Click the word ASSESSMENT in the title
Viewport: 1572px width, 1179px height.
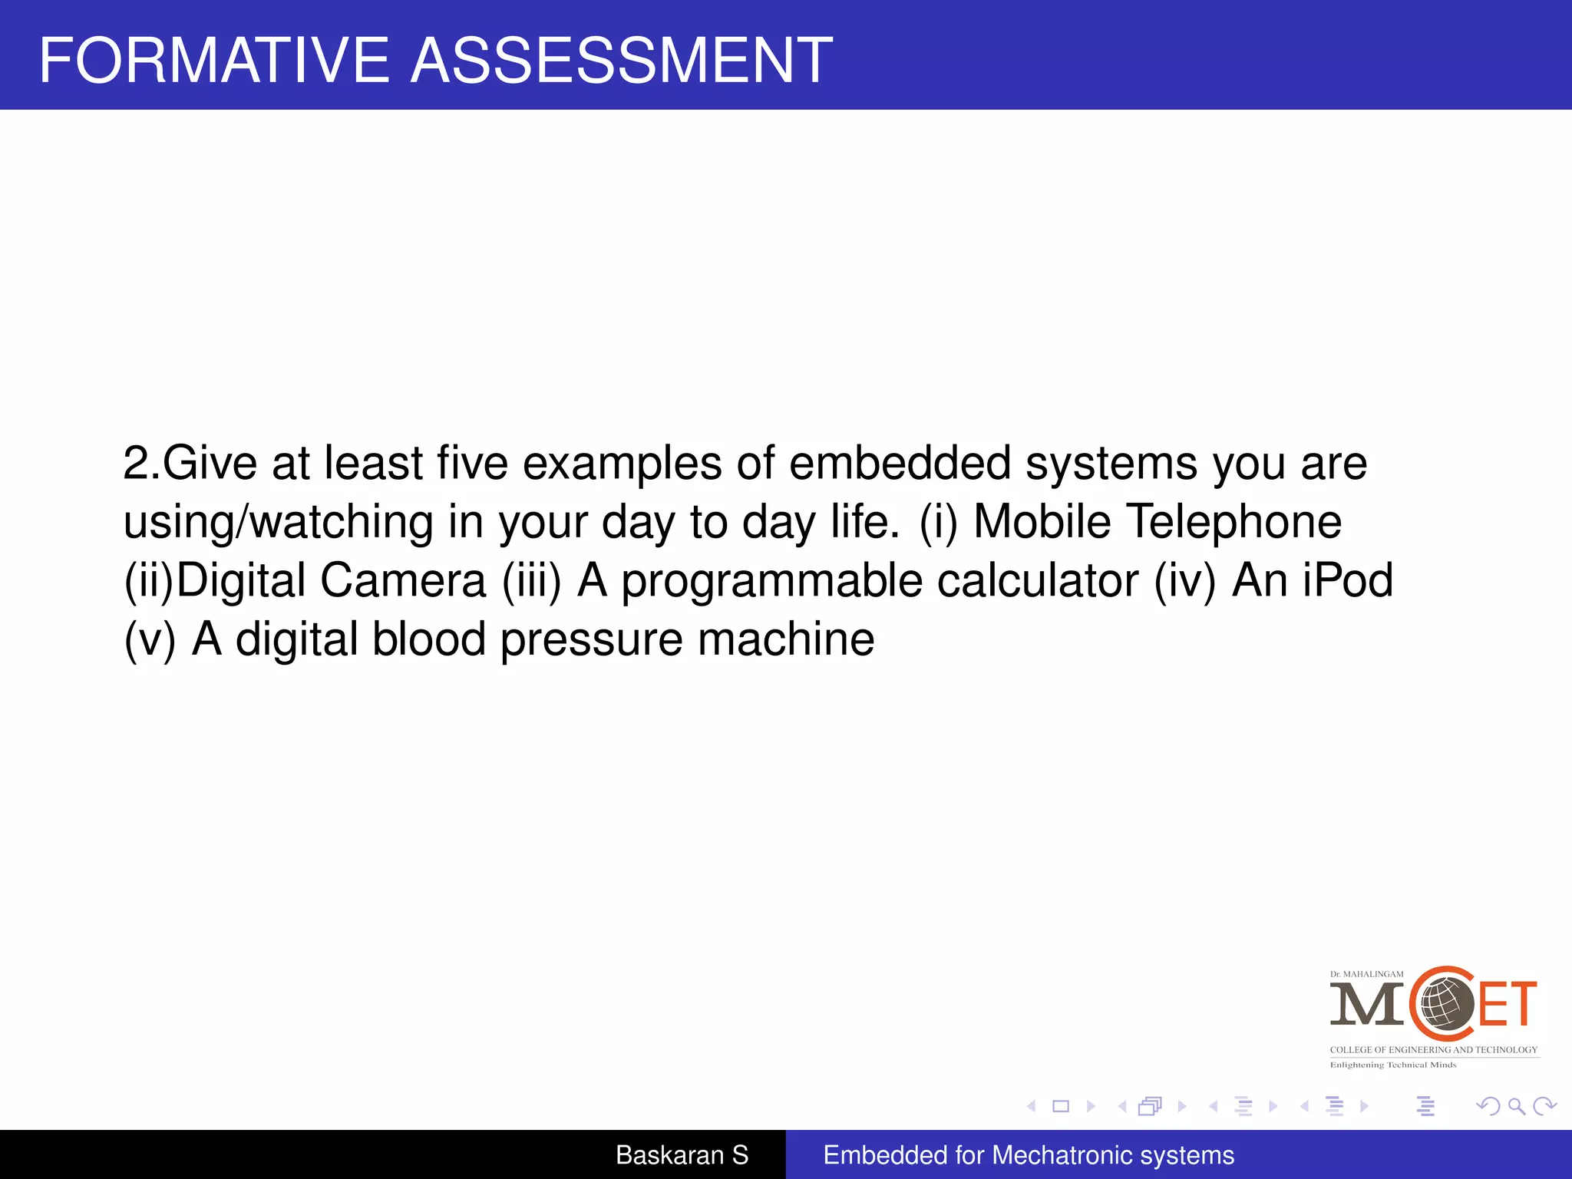coord(622,61)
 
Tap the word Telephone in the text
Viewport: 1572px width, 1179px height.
coord(1233,522)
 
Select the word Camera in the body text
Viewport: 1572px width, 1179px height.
coord(403,580)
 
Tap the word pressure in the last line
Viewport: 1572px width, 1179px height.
coord(591,640)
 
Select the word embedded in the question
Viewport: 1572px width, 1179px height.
coord(900,463)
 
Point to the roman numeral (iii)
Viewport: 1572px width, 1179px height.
coord(532,581)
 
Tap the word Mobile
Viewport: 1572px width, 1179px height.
coord(1042,522)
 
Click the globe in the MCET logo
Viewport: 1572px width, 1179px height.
coord(1446,1002)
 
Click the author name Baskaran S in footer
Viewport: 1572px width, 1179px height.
coord(682,1154)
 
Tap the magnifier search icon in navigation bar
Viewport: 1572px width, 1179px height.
coord(1516,1106)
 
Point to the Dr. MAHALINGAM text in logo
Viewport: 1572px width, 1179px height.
coord(1366,974)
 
